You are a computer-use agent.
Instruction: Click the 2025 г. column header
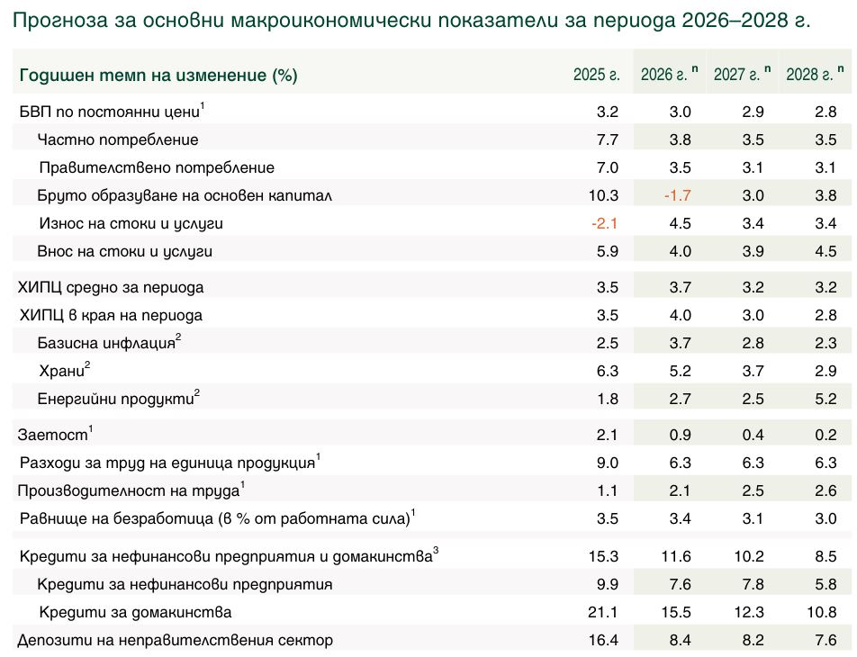(597, 75)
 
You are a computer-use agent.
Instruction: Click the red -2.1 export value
(604, 223)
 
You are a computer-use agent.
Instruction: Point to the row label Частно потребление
(118, 139)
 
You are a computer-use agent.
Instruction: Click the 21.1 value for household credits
(604, 613)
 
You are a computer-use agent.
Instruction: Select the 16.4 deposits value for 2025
(604, 641)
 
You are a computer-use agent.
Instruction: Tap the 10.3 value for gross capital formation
(604, 195)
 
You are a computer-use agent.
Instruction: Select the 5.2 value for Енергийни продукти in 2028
(826, 399)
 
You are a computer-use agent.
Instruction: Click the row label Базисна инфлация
(106, 343)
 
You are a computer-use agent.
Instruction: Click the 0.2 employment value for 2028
(826, 435)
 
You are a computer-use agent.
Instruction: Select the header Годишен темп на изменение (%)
(158, 76)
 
